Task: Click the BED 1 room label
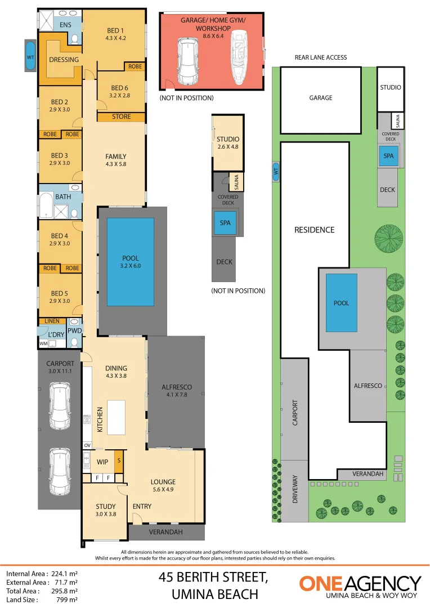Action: (115, 31)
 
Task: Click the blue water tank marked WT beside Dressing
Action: (30, 56)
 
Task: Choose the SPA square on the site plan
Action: (388, 156)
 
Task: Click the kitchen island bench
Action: (116, 417)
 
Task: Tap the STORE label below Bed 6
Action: (121, 117)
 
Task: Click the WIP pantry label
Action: (102, 462)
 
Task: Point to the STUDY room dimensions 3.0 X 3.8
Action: (105, 514)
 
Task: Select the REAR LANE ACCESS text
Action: (321, 57)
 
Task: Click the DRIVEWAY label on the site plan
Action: (295, 489)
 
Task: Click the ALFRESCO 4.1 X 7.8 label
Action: (177, 391)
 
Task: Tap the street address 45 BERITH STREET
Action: (212, 577)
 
